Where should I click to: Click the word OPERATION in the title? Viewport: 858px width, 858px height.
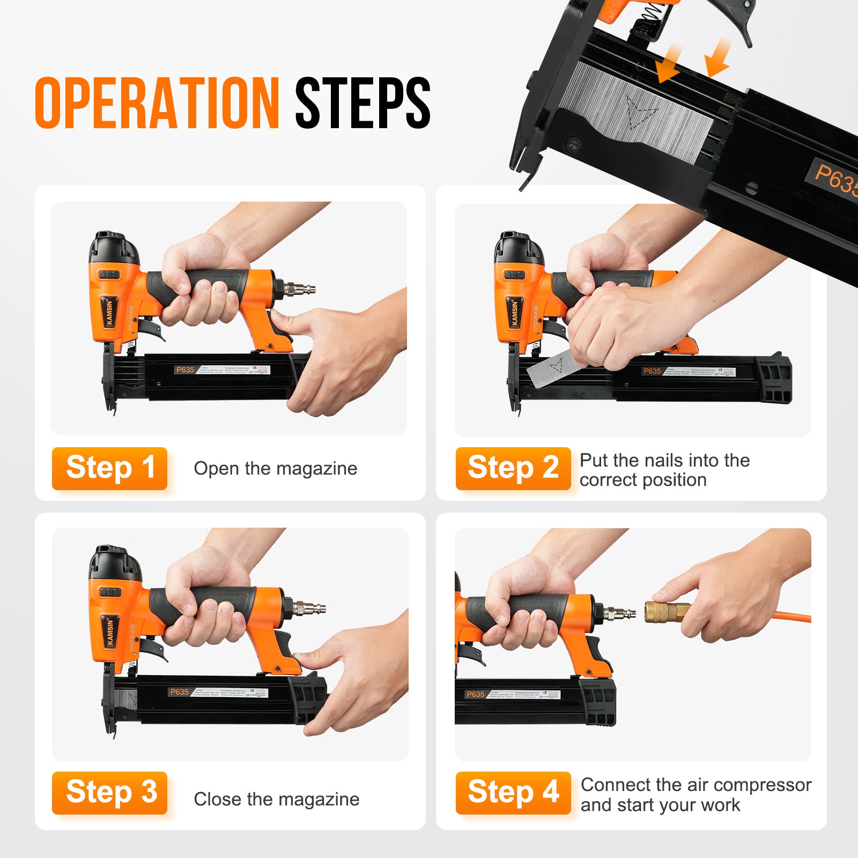pos(157,102)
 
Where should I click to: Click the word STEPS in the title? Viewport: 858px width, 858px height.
pos(363,102)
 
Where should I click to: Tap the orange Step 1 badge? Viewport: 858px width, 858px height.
pos(110,468)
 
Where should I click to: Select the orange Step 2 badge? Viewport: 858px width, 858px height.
pos(513,468)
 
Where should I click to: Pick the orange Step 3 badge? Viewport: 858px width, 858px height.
pos(110,793)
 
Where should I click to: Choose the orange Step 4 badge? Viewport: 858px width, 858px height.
pos(513,793)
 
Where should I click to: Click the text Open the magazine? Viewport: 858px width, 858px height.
pos(275,469)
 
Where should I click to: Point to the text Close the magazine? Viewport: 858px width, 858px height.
pos(276,799)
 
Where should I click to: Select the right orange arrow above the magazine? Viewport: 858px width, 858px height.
pos(718,58)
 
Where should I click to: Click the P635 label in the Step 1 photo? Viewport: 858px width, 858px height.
pos(185,369)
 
